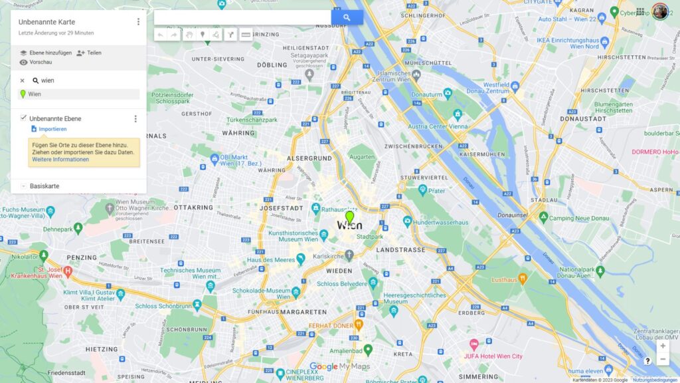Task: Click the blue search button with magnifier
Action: click(347, 17)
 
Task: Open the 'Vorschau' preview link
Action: click(41, 62)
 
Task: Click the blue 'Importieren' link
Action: click(52, 129)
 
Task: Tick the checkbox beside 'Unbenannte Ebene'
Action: click(23, 118)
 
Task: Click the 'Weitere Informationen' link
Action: click(60, 160)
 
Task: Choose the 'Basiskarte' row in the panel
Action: click(44, 186)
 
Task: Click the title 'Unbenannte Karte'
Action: click(46, 22)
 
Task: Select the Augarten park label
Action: click(362, 157)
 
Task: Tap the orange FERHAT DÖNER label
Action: click(332, 325)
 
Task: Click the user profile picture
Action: click(659, 11)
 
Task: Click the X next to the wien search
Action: click(22, 80)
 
